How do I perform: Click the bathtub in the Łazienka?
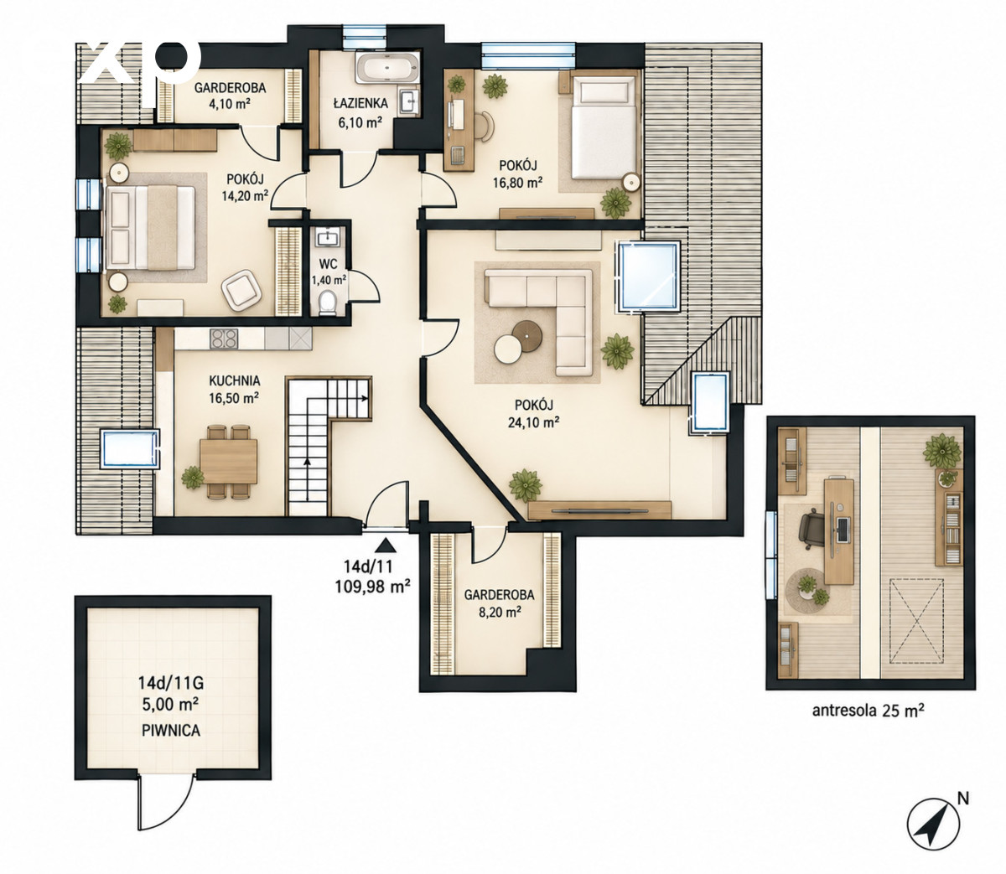[x=387, y=68]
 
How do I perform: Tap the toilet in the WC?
[x=326, y=303]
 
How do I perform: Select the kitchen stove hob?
[x=224, y=339]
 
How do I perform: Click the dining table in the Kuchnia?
[x=228, y=460]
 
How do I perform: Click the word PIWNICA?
[x=171, y=731]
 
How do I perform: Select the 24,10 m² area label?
[x=534, y=421]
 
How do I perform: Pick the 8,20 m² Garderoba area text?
[x=499, y=613]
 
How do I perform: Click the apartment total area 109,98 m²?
[x=373, y=586]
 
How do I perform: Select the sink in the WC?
[x=328, y=238]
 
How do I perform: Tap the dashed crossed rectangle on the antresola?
[x=917, y=620]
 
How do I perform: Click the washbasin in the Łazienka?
[x=408, y=102]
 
